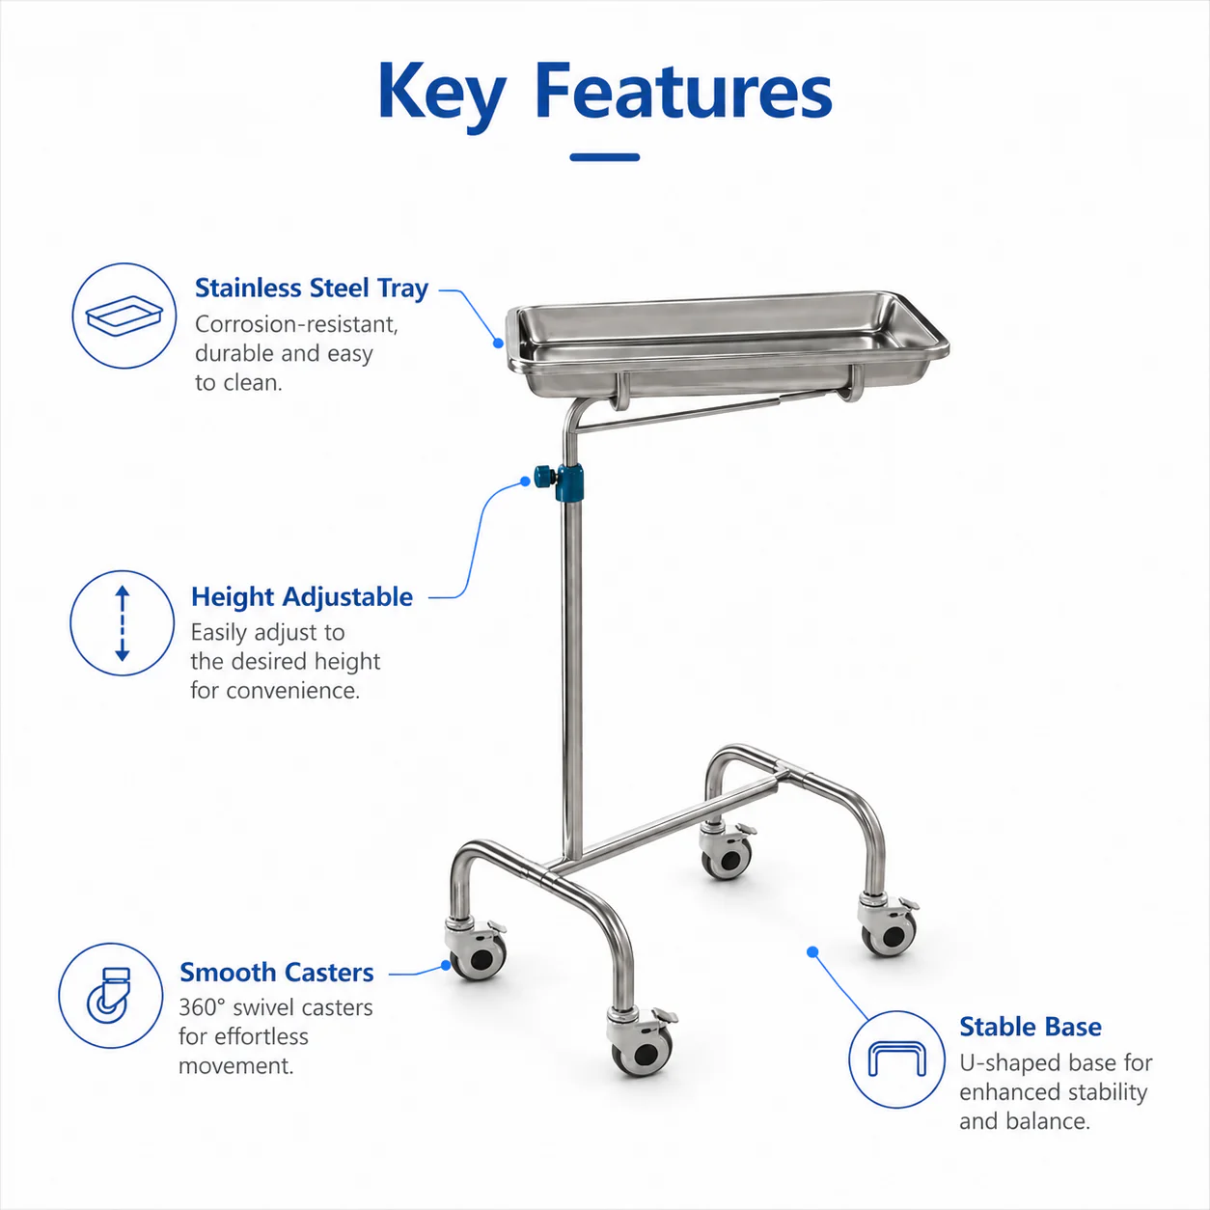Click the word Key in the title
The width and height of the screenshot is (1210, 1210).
point(441,96)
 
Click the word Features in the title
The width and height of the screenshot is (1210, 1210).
point(683,91)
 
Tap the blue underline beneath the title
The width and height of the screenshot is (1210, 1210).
point(605,157)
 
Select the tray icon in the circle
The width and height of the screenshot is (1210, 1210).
point(124,316)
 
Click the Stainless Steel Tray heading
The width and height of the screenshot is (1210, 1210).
point(312,289)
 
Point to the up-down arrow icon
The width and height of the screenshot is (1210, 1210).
point(123,623)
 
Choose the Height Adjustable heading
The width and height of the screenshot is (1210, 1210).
point(302,596)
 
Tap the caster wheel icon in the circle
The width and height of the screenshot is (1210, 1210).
point(109,997)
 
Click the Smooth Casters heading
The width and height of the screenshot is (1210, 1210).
point(277,972)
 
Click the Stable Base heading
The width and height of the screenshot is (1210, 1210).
point(1031,1027)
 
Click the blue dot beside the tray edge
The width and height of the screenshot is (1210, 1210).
point(499,344)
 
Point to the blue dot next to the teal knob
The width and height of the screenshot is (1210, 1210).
point(526,481)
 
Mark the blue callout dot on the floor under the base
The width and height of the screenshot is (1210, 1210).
point(812,952)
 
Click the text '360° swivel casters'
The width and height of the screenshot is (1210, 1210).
point(276,1007)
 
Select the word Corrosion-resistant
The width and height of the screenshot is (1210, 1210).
point(296,324)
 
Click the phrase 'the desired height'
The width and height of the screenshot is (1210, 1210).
point(286,661)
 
